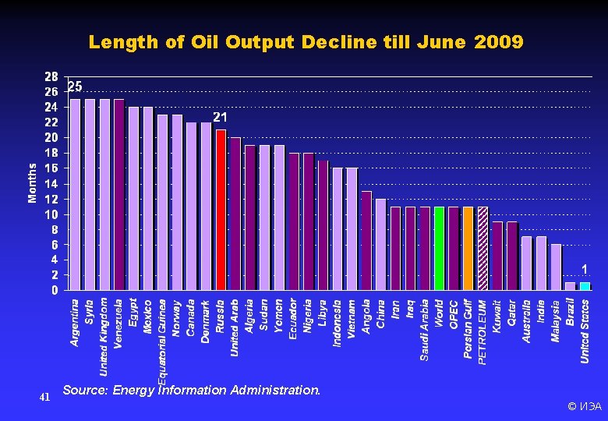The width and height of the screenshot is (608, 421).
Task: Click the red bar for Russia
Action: coord(221,209)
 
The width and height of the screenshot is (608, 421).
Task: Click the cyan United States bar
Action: coord(585,285)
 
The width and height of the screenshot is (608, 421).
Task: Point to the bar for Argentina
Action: coord(75,194)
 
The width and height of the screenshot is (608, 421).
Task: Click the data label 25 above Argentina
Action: coord(75,86)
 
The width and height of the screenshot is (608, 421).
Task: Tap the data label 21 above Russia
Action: coord(221,117)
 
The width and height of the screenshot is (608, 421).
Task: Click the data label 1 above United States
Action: coord(585,269)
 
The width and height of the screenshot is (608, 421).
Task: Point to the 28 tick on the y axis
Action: coord(51,76)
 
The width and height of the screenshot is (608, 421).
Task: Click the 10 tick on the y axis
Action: coord(51,214)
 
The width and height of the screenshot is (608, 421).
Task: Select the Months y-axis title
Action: coord(33,182)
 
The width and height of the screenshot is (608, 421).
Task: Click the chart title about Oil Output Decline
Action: coord(306,42)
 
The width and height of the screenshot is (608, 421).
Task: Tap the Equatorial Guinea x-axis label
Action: coord(162,341)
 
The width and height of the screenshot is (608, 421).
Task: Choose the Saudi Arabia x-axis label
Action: coord(425,330)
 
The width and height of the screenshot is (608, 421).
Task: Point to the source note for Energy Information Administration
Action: coord(191,390)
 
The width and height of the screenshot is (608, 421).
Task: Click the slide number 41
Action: coord(44,397)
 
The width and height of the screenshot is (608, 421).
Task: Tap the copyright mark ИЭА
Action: coord(584,406)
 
